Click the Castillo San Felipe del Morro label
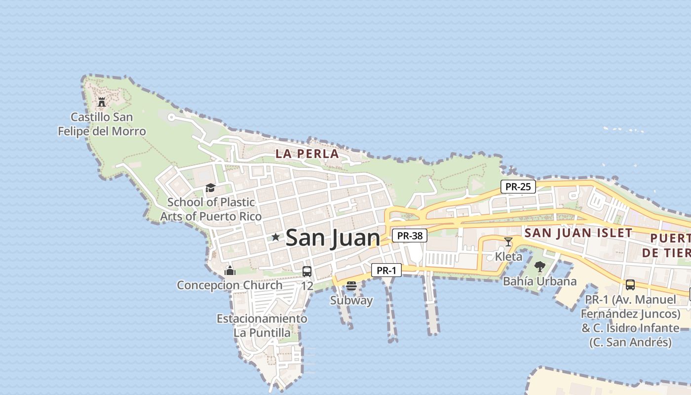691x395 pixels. point(102,124)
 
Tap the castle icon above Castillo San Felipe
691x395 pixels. point(102,102)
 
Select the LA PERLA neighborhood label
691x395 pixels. point(307,154)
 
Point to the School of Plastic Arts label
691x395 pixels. point(211,209)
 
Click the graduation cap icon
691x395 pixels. point(211,188)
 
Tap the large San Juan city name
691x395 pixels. point(333,237)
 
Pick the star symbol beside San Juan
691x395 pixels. point(275,237)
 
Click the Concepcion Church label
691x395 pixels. point(230,285)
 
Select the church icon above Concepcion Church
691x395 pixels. point(230,271)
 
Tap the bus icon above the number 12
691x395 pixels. point(307,271)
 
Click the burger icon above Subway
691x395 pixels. point(351,286)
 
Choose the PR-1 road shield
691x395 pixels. point(386,270)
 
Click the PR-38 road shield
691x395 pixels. point(410,236)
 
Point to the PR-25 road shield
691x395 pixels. point(518,187)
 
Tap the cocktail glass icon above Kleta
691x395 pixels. point(508,241)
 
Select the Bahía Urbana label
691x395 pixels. point(539,281)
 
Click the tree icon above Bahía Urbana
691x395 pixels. point(539,267)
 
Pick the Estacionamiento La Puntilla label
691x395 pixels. point(262,325)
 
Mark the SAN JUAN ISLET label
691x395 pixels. point(578,233)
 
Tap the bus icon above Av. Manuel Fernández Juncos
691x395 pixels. point(630,285)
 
